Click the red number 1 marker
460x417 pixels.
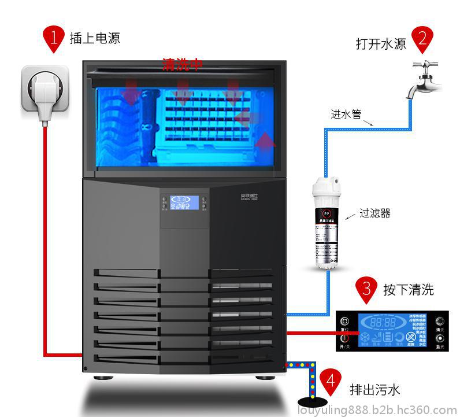[x=54, y=38]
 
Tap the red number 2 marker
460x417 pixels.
[x=422, y=38]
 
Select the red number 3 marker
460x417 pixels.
[x=366, y=287]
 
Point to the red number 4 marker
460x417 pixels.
[x=330, y=381]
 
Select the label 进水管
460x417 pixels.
[x=346, y=115]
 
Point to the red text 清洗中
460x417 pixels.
[x=182, y=64]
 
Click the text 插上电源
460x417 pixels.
[x=95, y=39]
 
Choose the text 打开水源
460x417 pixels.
[x=381, y=44]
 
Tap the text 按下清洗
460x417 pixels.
[x=408, y=289]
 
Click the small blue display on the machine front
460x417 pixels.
[x=184, y=202]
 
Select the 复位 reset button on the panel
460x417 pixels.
[x=345, y=322]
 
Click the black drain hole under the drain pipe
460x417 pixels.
[x=312, y=402]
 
